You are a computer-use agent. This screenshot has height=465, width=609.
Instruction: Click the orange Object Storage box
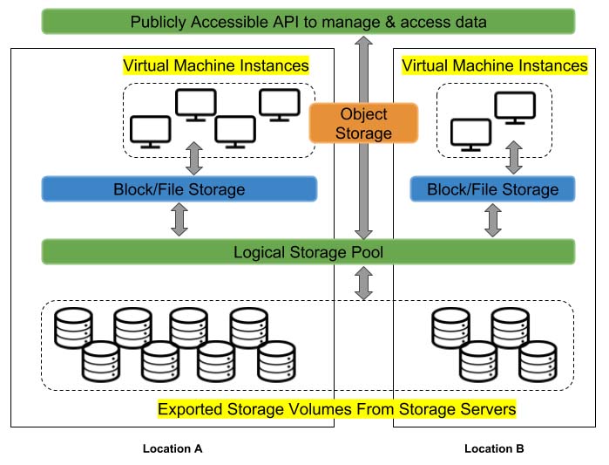click(364, 123)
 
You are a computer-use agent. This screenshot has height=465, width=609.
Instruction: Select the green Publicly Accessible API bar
click(308, 21)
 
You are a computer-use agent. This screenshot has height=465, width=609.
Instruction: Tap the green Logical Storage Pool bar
click(308, 252)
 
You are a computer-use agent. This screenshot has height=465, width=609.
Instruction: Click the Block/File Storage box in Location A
click(179, 189)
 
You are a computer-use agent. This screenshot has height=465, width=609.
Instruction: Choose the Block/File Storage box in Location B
click(492, 189)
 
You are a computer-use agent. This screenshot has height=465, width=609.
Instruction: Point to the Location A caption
click(173, 448)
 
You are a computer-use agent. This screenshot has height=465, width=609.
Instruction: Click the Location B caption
click(494, 448)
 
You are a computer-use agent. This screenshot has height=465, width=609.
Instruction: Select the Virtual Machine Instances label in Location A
click(216, 65)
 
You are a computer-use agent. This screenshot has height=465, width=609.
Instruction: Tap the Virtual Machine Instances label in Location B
click(494, 65)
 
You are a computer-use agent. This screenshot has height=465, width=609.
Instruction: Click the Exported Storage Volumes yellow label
click(336, 408)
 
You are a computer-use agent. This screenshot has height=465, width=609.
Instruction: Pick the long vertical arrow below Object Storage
click(364, 192)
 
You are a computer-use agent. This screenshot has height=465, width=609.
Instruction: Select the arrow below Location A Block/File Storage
click(179, 220)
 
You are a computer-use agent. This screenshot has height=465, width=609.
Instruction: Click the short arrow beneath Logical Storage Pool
click(364, 282)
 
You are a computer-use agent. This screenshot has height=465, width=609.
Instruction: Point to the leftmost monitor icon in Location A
click(150, 131)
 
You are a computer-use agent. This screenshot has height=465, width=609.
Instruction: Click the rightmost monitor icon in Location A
click(279, 103)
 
